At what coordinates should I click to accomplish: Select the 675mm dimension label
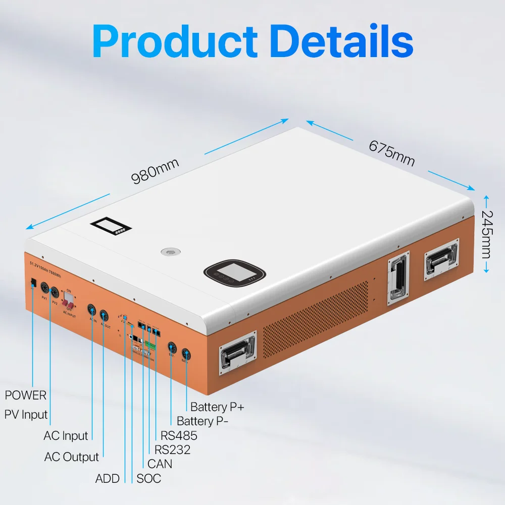[x=391, y=152]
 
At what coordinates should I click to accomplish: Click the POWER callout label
[x=26, y=395]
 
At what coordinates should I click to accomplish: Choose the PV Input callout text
[x=26, y=415]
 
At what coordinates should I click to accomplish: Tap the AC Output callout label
[x=72, y=457]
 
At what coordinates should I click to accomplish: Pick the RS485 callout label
[x=179, y=435]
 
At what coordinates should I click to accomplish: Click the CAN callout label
[x=160, y=464]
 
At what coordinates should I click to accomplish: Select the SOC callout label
[x=149, y=478]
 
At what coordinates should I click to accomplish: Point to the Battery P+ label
[x=217, y=407]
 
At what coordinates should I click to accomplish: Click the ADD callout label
[x=108, y=478]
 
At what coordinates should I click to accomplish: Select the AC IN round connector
[x=92, y=310]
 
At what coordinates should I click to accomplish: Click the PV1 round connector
[x=44, y=288]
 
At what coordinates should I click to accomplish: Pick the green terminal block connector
[x=150, y=345]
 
